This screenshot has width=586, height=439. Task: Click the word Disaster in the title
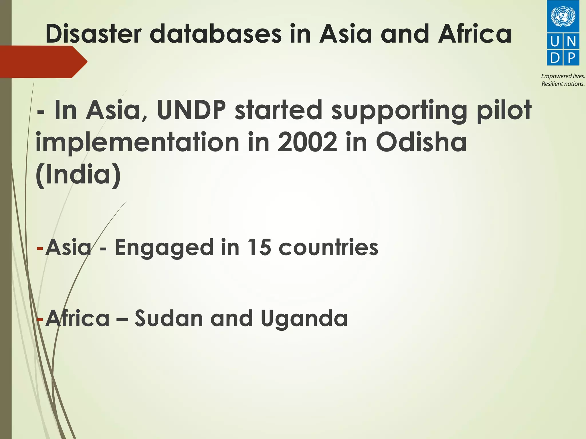click(94, 34)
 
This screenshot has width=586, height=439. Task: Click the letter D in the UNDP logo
click(555, 58)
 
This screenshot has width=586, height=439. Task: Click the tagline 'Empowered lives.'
click(563, 76)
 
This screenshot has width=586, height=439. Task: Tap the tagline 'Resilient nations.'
click(563, 84)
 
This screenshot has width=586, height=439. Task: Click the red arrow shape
click(43, 62)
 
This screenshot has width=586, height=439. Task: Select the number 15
click(259, 247)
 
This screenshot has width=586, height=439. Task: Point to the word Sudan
click(169, 318)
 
